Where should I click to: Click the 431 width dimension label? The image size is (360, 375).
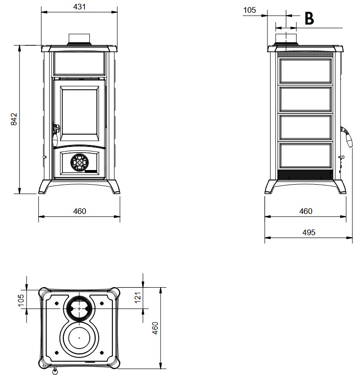coord(79,7)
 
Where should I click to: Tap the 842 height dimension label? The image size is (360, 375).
coord(14,119)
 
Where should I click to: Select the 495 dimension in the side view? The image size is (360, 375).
coord(309,232)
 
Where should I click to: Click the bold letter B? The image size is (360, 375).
coord(309,18)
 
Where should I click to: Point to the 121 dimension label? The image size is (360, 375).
coord(138,298)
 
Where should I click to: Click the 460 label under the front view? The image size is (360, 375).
coord(79,211)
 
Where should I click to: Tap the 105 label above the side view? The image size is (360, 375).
coord(249,10)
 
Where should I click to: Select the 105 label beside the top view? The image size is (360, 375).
coord(21,300)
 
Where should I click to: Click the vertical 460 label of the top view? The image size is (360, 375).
coord(155,328)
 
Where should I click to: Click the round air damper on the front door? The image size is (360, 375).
coord(79,162)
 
